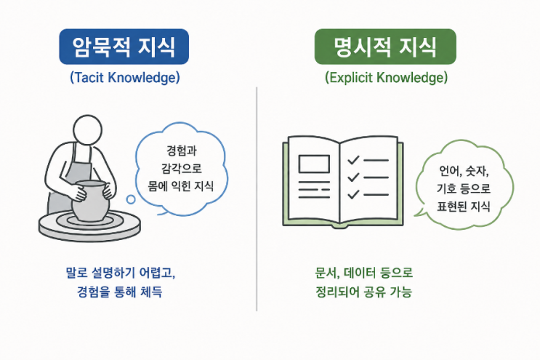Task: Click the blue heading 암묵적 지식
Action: pos(124,47)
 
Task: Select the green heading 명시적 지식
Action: pos(385,47)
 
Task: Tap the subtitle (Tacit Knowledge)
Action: pos(125,78)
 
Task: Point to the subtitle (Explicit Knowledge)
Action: pos(386,78)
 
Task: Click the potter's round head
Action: pos(87,130)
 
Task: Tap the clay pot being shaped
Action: pos(91,201)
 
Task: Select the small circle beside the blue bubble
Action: pos(131,199)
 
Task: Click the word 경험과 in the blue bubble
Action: pos(182,151)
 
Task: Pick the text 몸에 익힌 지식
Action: pos(181,186)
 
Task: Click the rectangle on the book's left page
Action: pos(314,164)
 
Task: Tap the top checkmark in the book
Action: pos(353,160)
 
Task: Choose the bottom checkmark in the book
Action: pos(353,195)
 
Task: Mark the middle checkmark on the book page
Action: pos(353,177)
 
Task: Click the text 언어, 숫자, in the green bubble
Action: pos(464,170)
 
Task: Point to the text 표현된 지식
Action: pos(463,207)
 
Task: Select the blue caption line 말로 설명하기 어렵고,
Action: pos(121,273)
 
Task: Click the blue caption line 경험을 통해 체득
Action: pos(119,292)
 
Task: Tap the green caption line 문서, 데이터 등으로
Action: pos(363,273)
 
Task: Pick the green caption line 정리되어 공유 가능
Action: pos(363,292)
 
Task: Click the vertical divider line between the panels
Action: pos(257,199)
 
